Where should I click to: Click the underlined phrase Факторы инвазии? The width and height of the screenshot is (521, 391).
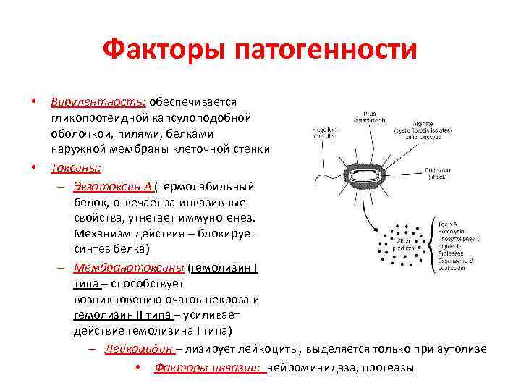pos(208,368)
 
